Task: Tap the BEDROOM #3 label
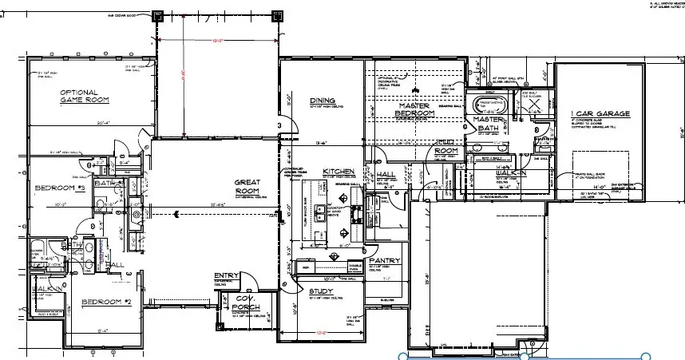(x=60, y=188)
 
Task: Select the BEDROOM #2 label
(x=105, y=303)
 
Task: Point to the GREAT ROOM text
(x=248, y=187)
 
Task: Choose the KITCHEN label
(x=338, y=172)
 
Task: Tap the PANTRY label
(x=384, y=261)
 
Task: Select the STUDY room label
(x=321, y=291)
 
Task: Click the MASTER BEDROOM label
(x=416, y=110)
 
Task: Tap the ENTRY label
(x=227, y=276)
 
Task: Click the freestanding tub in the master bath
(x=488, y=105)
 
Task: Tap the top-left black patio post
(x=157, y=14)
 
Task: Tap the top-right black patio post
(x=278, y=14)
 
